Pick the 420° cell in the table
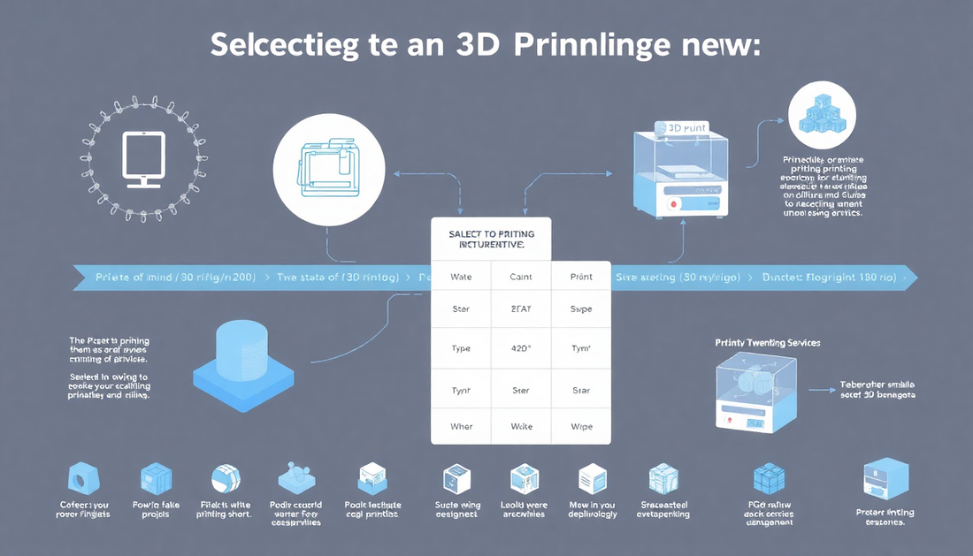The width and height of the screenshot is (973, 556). point(522,348)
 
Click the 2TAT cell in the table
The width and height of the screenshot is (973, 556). point(522,309)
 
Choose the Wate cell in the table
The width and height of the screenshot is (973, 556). point(461,277)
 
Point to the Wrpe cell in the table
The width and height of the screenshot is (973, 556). point(581,426)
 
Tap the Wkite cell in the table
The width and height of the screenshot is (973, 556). point(522,426)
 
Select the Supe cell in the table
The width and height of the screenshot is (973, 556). point(581,309)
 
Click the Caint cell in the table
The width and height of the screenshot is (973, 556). point(522,277)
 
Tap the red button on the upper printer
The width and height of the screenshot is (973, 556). point(675,203)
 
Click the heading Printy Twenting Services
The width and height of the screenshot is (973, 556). point(767,341)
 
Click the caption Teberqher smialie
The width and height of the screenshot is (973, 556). point(878,386)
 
